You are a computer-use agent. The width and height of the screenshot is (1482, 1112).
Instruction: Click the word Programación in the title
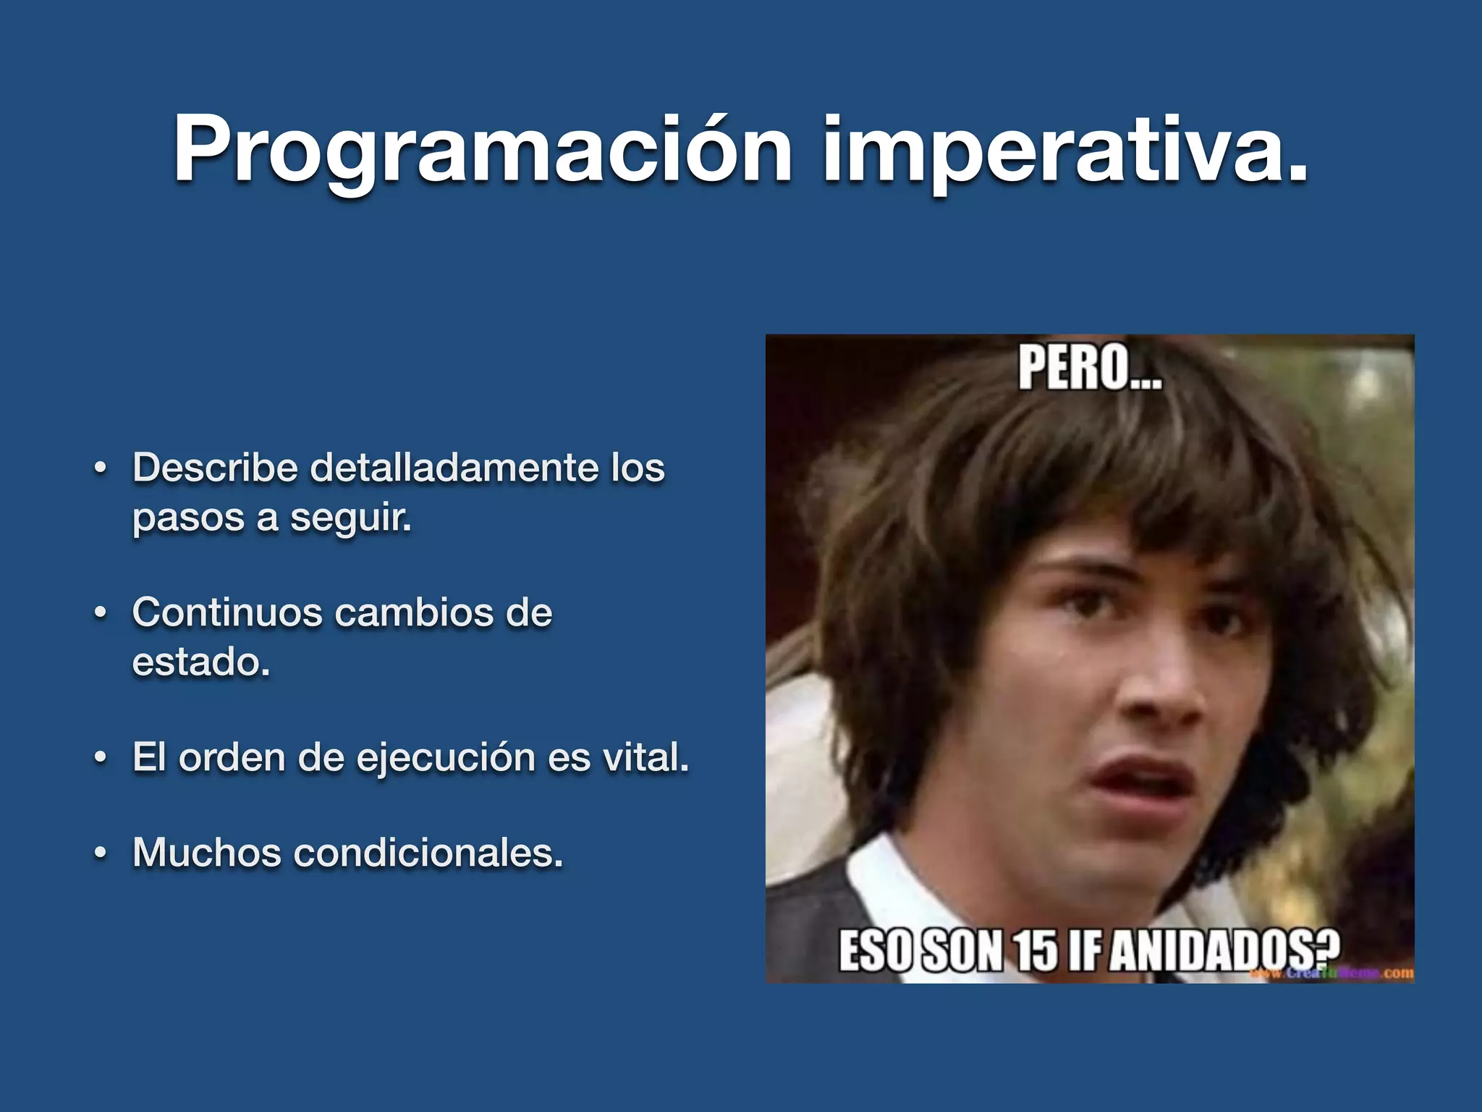(482, 151)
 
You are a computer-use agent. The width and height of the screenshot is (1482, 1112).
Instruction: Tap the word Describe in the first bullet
(215, 467)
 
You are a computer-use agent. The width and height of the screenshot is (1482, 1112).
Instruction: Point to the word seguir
(350, 518)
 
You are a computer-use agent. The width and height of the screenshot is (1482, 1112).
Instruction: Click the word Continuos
(226, 612)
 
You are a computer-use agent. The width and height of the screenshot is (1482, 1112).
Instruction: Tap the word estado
(200, 662)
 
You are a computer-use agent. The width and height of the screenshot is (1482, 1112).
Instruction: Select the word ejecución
(445, 758)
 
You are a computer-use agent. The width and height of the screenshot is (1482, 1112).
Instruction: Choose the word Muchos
(206, 852)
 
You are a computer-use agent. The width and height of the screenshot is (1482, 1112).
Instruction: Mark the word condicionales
(428, 852)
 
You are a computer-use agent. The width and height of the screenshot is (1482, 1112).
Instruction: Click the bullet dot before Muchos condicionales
(101, 854)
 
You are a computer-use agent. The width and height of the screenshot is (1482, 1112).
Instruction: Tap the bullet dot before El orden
(101, 759)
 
